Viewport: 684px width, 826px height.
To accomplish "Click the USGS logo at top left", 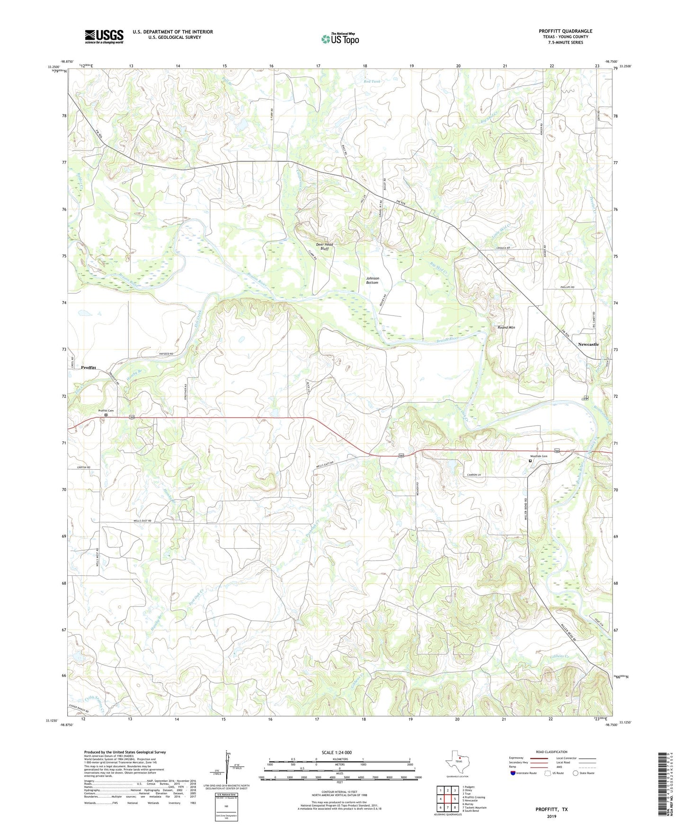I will click(x=104, y=36).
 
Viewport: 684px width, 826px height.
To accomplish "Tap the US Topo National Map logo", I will click(x=340, y=38).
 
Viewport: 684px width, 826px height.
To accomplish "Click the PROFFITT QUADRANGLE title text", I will click(x=565, y=31).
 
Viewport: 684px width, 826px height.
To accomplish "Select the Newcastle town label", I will click(x=588, y=344).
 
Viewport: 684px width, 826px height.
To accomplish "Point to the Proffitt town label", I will click(x=89, y=368).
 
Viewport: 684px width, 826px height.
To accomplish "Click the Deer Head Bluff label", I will click(x=325, y=246).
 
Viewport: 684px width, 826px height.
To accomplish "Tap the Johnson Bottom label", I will click(x=372, y=281).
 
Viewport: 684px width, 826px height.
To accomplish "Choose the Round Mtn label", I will click(x=506, y=327).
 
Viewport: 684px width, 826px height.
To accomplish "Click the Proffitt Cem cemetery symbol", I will click(x=106, y=415).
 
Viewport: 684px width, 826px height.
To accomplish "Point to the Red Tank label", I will click(x=372, y=81).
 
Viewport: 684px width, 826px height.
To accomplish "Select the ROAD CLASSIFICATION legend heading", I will click(x=551, y=752).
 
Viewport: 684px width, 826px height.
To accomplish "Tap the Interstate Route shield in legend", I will click(x=513, y=773).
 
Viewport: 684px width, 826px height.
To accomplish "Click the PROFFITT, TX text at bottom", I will click(x=551, y=809).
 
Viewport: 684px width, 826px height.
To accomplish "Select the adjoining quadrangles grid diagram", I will click(x=447, y=799).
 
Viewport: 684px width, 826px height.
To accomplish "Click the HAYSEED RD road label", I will click(x=164, y=354).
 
